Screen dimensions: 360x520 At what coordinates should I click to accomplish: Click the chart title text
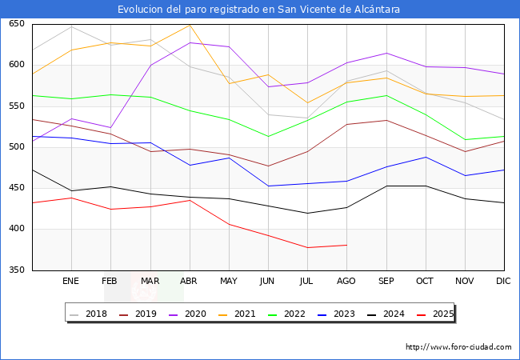point(259,9)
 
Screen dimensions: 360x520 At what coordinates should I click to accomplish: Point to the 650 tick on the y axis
point(16,24)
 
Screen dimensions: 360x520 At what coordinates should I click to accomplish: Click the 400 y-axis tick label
point(16,229)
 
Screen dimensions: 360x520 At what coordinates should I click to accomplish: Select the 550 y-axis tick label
point(16,106)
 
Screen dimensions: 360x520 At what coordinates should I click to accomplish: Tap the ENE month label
point(71,281)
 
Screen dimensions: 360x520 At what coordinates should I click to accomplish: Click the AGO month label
point(346,281)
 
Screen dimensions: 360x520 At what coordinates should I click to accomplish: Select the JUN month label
point(268,281)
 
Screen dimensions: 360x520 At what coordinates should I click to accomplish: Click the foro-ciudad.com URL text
point(458,347)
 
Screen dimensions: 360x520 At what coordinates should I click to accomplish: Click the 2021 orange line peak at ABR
point(190,25)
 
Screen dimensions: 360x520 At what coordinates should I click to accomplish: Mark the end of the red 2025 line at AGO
point(346,245)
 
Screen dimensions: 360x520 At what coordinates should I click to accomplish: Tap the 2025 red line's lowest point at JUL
point(307,247)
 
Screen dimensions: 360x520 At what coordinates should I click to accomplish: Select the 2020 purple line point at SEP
point(386,54)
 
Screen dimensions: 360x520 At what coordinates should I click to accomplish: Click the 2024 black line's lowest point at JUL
point(307,213)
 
